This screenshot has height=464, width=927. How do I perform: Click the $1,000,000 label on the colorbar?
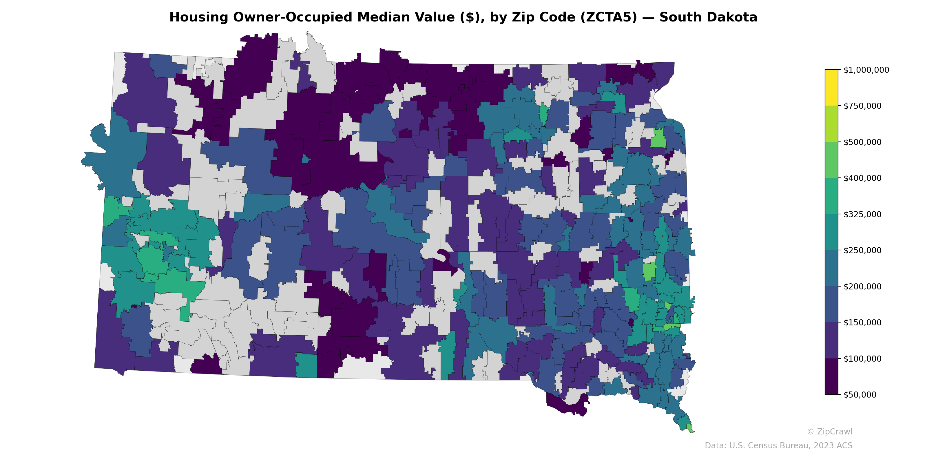[866, 70]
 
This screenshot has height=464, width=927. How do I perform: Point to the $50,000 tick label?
[860, 394]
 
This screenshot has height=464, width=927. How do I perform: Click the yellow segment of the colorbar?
[831, 88]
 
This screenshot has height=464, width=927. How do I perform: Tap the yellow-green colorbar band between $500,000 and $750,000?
[831, 124]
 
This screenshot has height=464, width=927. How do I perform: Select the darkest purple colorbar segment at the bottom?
[831, 376]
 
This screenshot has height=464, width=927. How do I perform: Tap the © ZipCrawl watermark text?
[829, 432]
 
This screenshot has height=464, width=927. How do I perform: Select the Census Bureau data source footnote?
[778, 446]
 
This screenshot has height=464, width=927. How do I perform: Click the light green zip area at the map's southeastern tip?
[689, 428]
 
